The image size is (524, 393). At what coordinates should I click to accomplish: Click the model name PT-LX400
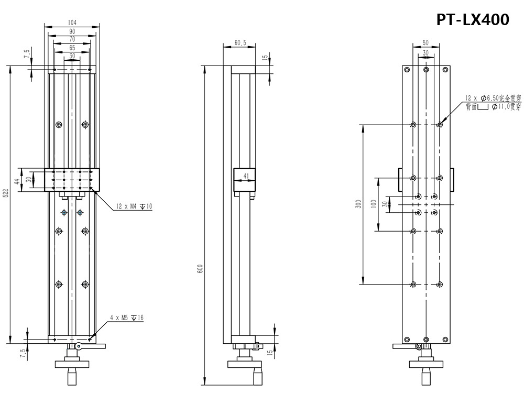point(473,19)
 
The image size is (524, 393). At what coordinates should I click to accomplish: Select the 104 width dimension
point(72,23)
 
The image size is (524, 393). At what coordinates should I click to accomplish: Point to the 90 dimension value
point(72,31)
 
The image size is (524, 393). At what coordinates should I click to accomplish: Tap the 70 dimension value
point(72,39)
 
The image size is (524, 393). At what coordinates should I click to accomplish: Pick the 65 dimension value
point(72,48)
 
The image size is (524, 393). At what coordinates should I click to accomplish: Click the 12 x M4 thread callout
point(131,207)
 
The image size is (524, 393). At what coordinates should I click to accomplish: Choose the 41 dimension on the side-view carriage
point(245,177)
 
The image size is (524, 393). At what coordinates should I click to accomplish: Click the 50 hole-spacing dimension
point(425,42)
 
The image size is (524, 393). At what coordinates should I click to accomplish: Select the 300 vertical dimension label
point(359,204)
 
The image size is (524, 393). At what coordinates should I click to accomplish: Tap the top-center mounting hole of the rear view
point(426,69)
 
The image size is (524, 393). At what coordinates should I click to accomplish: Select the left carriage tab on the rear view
point(400,180)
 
